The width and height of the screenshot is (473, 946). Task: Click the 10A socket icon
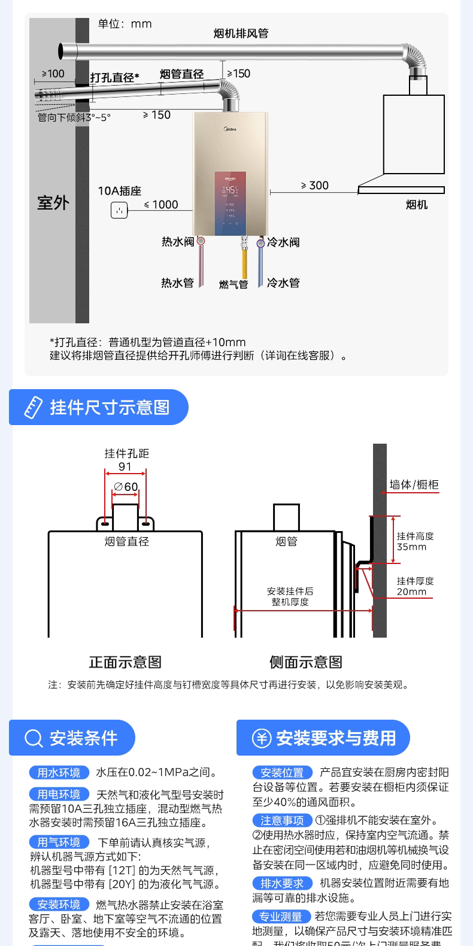(x=119, y=210)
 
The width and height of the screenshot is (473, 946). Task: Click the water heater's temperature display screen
(x=231, y=190)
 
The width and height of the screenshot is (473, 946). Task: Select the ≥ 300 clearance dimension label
(x=315, y=186)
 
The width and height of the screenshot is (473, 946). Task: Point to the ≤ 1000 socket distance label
(x=162, y=205)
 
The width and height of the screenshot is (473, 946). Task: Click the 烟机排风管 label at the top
(x=241, y=34)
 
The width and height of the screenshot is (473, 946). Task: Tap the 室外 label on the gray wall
(x=53, y=203)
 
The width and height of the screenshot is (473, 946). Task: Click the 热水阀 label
(x=178, y=242)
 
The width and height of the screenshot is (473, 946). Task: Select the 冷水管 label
(x=283, y=283)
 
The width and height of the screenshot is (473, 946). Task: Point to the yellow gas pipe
(x=244, y=263)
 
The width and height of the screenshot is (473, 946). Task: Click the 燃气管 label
(x=234, y=284)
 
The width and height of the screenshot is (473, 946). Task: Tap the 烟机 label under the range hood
(x=417, y=205)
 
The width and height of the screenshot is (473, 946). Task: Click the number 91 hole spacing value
(x=125, y=467)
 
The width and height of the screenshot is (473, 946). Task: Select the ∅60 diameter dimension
(x=126, y=487)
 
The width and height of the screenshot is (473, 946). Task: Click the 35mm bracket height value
(x=411, y=547)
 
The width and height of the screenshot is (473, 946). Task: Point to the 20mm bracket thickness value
(x=411, y=592)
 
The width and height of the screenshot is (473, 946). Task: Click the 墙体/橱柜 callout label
(x=414, y=484)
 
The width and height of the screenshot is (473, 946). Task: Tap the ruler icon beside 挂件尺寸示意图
(x=33, y=408)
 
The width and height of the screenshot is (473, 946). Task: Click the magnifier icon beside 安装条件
(x=34, y=738)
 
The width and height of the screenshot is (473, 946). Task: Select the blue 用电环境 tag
(x=59, y=795)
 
